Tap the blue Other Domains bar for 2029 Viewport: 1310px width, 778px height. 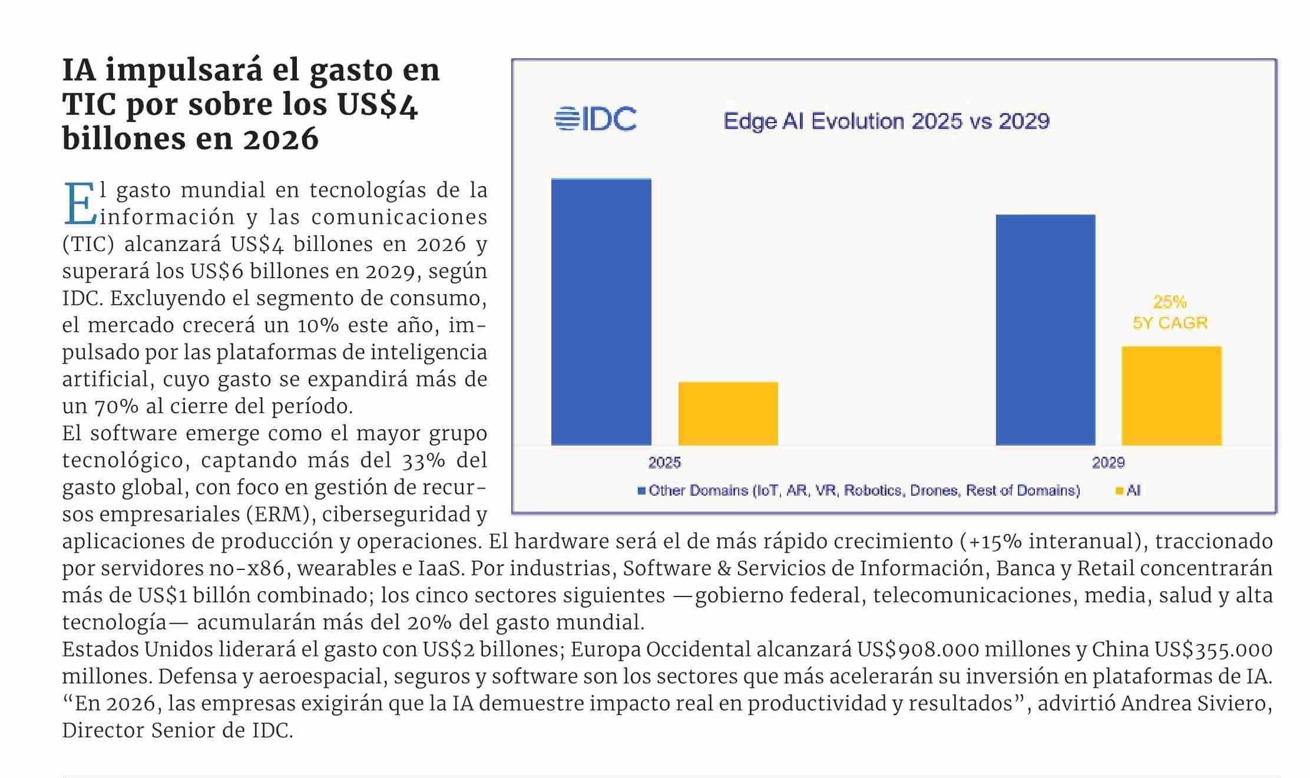[x=1045, y=329]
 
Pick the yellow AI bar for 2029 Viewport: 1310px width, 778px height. [x=1171, y=395]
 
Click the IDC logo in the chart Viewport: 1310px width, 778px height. [x=596, y=119]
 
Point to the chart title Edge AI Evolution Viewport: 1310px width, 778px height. [x=886, y=121]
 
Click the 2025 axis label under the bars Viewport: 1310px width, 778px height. [x=664, y=463]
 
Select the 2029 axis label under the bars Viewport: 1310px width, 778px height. [x=1108, y=463]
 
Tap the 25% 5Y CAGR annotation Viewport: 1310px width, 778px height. [x=1170, y=312]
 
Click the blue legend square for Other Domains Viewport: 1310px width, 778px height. [x=641, y=490]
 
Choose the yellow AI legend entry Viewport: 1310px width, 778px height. [x=1127, y=490]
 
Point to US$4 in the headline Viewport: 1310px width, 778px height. [x=377, y=105]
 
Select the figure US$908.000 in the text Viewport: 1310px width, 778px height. [x=918, y=650]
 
